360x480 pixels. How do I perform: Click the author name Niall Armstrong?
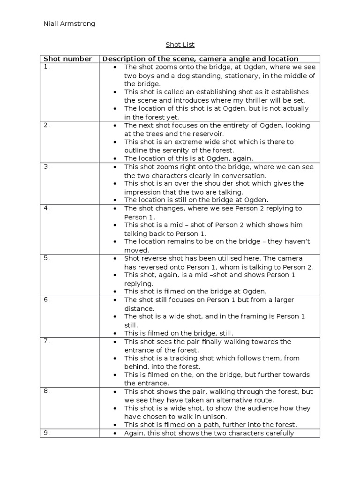[69, 24]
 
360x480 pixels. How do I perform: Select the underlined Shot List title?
[180, 45]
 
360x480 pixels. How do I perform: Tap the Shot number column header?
[67, 59]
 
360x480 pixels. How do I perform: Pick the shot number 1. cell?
[46, 67]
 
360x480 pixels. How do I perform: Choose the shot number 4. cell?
[46, 208]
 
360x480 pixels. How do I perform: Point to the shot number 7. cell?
[46, 341]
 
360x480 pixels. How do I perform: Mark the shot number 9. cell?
[46, 433]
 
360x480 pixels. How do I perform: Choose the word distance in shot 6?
[139, 308]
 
